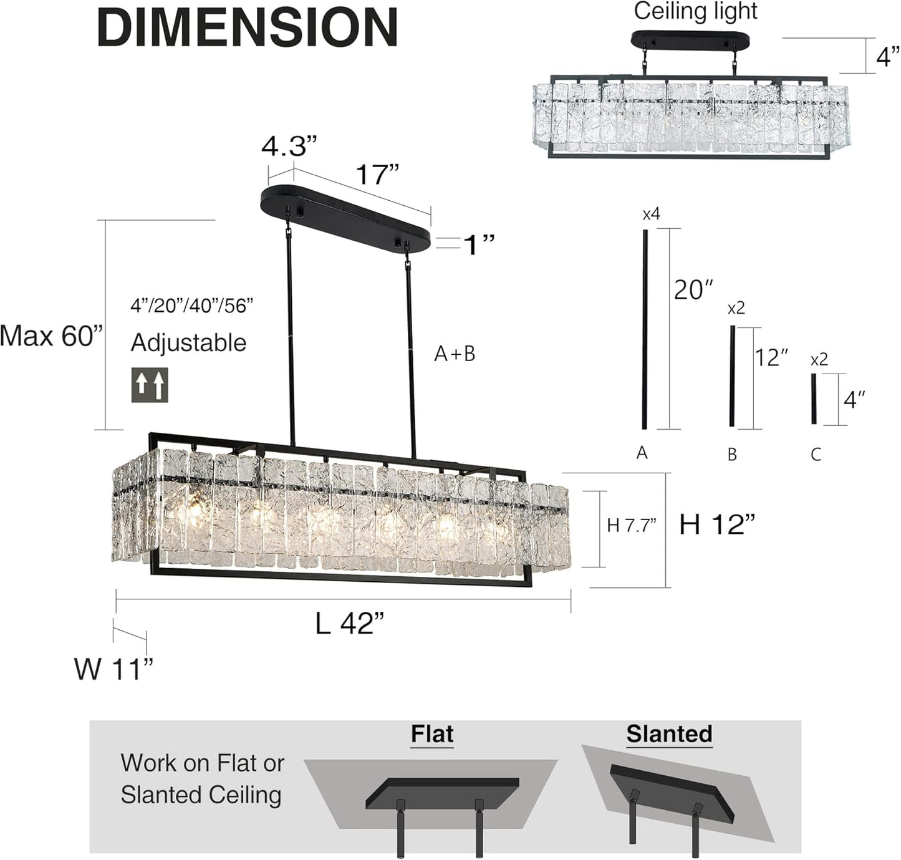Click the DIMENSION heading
(x=248, y=27)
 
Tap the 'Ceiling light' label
(x=695, y=11)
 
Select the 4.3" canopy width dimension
(x=289, y=147)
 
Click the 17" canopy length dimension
(x=377, y=175)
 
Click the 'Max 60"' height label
(x=51, y=336)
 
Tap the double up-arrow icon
(x=150, y=385)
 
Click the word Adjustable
(x=188, y=343)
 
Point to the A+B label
(x=455, y=354)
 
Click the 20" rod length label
(x=693, y=290)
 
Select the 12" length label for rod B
(x=771, y=357)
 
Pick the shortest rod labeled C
(x=814, y=399)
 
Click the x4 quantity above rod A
(x=651, y=215)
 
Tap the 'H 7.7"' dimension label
(x=632, y=526)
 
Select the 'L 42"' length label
(x=349, y=623)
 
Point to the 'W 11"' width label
(x=113, y=669)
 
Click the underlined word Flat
(x=432, y=735)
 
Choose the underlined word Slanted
(x=669, y=734)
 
